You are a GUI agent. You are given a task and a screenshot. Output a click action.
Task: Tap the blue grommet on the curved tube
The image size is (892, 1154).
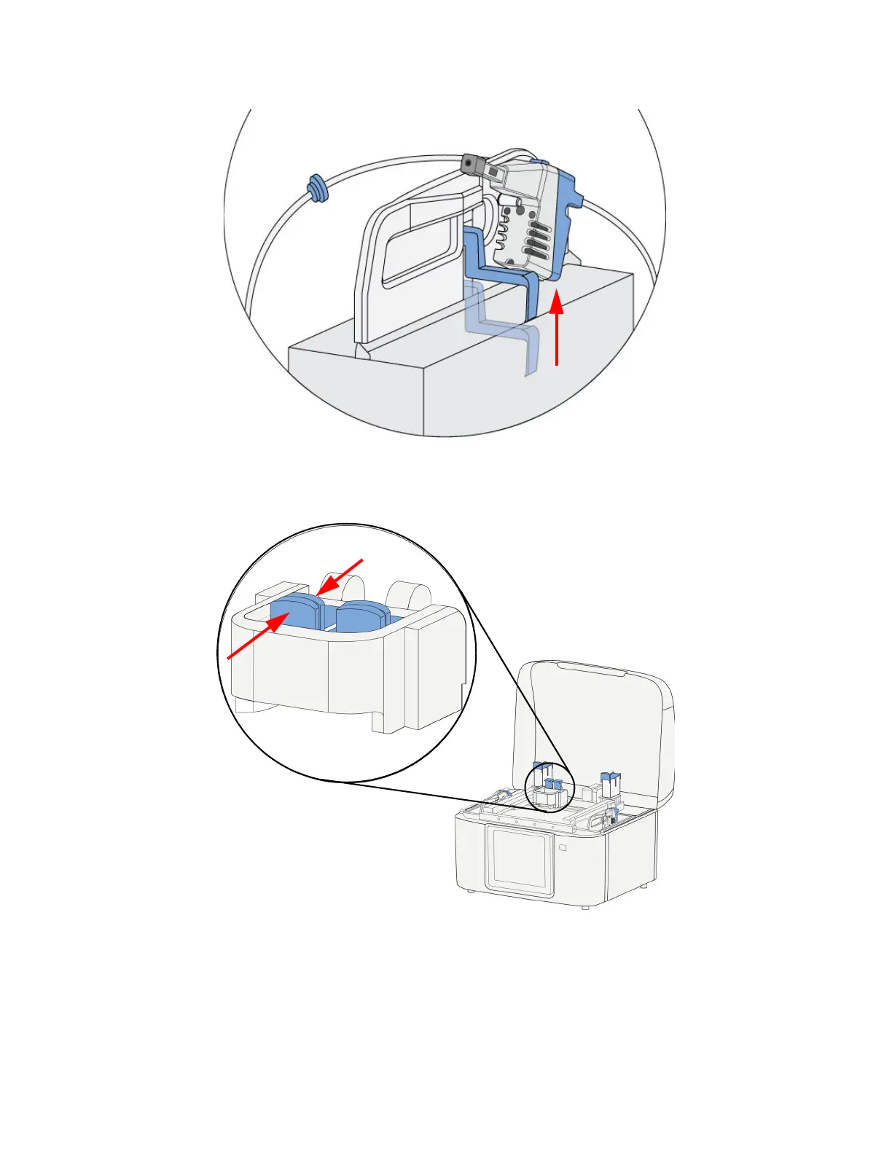[317, 188]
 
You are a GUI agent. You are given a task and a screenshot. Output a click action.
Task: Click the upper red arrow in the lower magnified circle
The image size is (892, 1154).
[340, 576]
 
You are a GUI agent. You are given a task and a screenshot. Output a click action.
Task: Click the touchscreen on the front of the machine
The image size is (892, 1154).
[519, 860]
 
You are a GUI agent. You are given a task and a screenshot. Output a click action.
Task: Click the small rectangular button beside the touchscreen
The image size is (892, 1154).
[563, 847]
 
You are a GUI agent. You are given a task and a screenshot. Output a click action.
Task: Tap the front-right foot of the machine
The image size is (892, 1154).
[586, 906]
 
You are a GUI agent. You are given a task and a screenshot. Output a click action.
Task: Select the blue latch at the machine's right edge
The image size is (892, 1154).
[614, 814]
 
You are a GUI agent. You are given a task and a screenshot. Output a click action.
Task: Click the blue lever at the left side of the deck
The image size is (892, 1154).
[505, 793]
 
